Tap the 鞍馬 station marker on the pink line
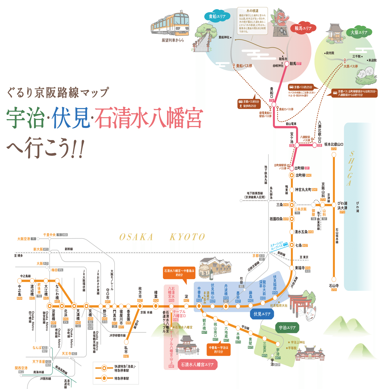pos(287,64)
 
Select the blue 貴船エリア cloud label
pos(217,16)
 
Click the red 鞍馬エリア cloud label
pos(303,28)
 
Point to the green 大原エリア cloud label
pos(359,32)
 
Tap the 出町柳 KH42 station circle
pos(292,175)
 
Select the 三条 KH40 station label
pos(280,205)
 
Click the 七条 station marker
pos(292,245)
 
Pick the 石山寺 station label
pos(334,286)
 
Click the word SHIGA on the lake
pos(350,169)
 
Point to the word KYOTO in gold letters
pos(187,237)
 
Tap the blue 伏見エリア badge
pos(262,314)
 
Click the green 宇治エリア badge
pos(287,328)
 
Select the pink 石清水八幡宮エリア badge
pos(197,365)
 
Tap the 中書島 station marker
pos(199,306)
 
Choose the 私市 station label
pos(126,350)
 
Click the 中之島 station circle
pos(20,280)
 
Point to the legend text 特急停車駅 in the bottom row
pos(122,378)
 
